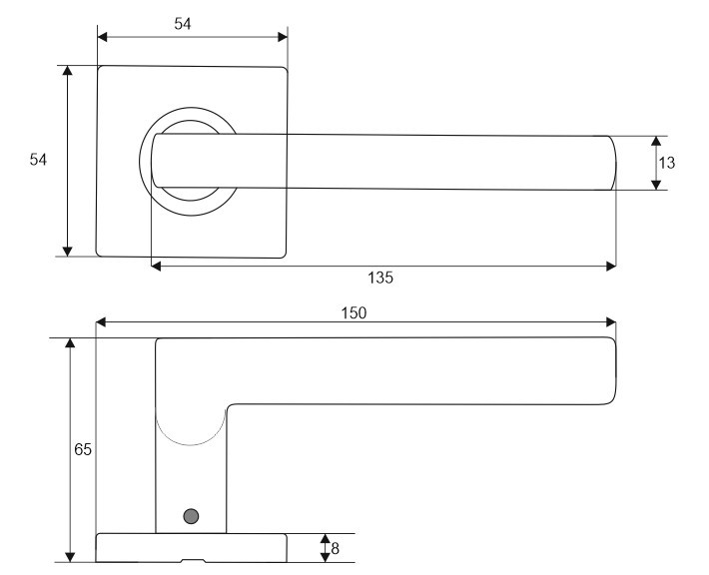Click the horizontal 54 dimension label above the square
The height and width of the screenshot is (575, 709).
point(183,24)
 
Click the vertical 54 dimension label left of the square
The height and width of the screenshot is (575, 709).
point(38,159)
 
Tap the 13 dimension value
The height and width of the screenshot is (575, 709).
point(666,163)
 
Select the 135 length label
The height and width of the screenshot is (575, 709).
point(380,278)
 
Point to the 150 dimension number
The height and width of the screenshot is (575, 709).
point(354,312)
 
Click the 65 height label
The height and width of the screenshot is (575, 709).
point(83,449)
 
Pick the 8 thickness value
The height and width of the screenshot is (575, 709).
point(336,548)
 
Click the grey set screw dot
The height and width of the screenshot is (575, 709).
point(191,516)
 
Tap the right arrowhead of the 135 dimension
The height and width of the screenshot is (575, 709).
point(611,267)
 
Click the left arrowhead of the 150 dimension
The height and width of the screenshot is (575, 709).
point(101,321)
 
